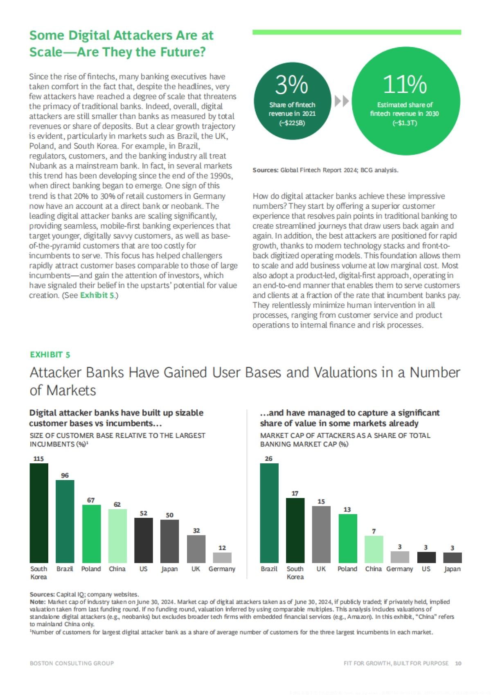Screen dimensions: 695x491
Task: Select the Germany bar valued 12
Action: pyautogui.click(x=222, y=557)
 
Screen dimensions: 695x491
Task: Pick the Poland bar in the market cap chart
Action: pyautogui.click(x=347, y=538)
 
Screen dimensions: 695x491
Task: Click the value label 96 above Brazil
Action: pyautogui.click(x=65, y=475)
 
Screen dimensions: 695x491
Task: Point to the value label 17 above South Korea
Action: pyautogui.click(x=295, y=493)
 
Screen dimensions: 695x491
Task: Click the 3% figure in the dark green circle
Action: pyautogui.click(x=291, y=85)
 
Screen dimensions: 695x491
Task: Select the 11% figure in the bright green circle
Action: pyautogui.click(x=405, y=85)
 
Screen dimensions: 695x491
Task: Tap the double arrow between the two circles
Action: pyautogui.click(x=342, y=101)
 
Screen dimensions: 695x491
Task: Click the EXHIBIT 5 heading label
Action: pyautogui.click(x=50, y=354)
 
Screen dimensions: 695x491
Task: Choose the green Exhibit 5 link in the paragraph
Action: pyautogui.click(x=97, y=295)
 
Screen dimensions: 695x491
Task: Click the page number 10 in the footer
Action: pyautogui.click(x=458, y=663)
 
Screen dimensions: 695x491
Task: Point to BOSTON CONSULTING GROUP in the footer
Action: pyautogui.click(x=72, y=663)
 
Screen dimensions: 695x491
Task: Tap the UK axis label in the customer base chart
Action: pyautogui.click(x=196, y=569)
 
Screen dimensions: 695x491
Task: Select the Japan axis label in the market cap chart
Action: pyautogui.click(x=452, y=569)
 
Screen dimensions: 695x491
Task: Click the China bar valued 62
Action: pyautogui.click(x=117, y=536)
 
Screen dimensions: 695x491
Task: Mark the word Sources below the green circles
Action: pyautogui.click(x=265, y=170)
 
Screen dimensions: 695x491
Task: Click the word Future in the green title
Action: pyautogui.click(x=184, y=52)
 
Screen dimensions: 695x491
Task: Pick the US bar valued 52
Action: pyautogui.click(x=143, y=540)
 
